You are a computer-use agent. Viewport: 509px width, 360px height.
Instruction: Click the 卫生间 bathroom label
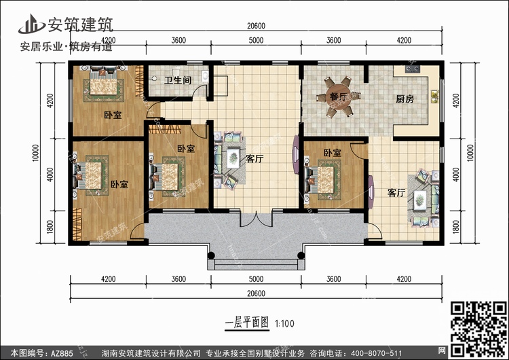pyautogui.click(x=176, y=80)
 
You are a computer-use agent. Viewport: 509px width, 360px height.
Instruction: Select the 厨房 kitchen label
pyautogui.click(x=404, y=99)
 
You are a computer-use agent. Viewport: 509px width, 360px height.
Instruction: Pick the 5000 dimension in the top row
pyautogui.click(x=255, y=41)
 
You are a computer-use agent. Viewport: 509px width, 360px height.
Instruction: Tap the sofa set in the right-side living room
pyautogui.click(x=421, y=197)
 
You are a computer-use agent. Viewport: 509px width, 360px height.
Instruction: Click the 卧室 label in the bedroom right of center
pyautogui.click(x=332, y=153)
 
